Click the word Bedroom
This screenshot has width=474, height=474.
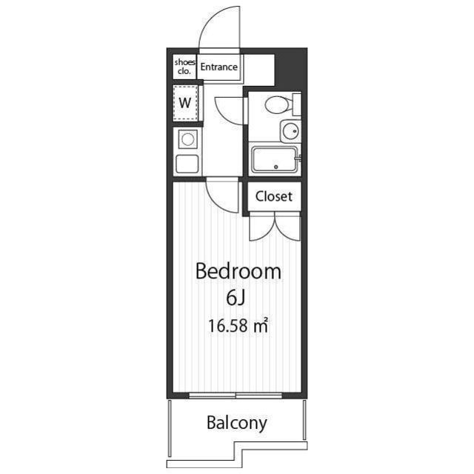[x=238, y=271]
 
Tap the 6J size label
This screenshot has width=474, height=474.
[x=236, y=298]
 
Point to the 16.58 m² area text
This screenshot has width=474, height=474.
[x=238, y=326]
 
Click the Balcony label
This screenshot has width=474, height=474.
[x=237, y=423]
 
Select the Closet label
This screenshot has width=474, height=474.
[x=274, y=196]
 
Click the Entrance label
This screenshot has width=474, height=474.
[x=219, y=67]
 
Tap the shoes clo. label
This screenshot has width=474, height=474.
[x=184, y=67]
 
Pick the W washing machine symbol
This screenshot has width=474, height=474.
[x=185, y=103]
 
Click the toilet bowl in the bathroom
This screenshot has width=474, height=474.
[x=278, y=105]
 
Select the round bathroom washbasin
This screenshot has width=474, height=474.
[x=291, y=131]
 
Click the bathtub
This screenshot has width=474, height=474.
[x=275, y=160]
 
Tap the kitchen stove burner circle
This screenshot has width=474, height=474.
[x=187, y=139]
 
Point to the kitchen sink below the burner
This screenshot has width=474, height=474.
[x=187, y=164]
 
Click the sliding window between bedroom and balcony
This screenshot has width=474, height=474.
[x=236, y=395]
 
